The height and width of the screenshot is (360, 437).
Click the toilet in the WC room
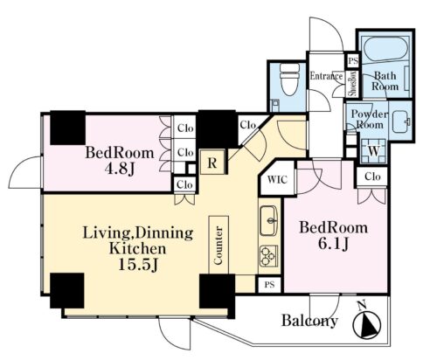(289, 80)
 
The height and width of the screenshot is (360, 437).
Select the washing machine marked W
(374, 151)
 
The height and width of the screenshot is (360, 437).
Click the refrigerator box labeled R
(212, 163)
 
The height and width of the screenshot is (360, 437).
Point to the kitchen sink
(268, 221)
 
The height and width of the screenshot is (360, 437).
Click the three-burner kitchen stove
(268, 256)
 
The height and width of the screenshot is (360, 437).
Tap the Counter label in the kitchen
(218, 246)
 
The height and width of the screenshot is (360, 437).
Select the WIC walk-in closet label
(277, 179)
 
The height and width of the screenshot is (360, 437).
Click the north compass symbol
(366, 322)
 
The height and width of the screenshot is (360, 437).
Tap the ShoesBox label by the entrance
(353, 84)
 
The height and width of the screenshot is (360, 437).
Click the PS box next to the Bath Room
(353, 61)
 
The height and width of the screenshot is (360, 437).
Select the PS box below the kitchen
(270, 285)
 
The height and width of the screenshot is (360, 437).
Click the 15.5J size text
(138, 265)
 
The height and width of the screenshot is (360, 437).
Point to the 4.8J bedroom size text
(120, 169)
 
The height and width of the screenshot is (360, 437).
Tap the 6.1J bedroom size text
(333, 244)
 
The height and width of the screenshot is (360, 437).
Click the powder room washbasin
(402, 121)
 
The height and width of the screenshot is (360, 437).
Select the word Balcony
(309, 321)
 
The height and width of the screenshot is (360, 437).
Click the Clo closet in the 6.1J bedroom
(372, 177)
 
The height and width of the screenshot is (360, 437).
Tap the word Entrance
(326, 76)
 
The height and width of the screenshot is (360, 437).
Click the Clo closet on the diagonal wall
(248, 125)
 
